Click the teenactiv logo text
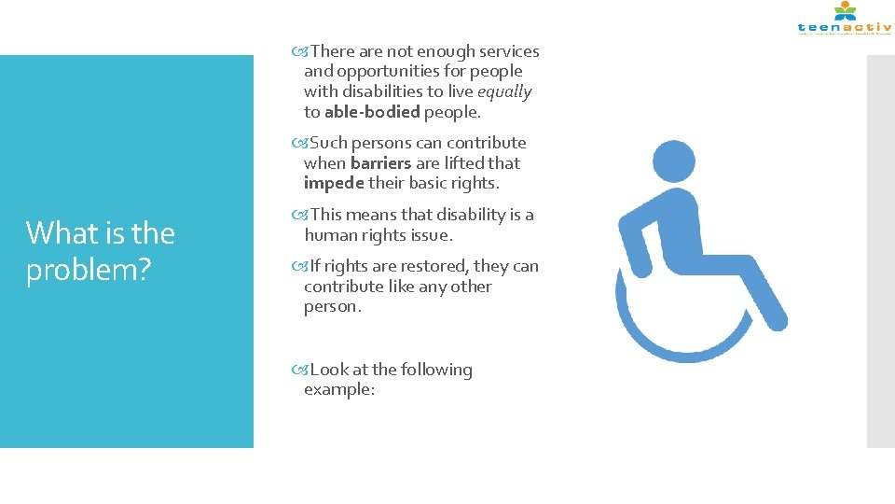click(844, 27)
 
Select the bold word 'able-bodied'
click(372, 112)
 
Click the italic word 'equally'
click(504, 91)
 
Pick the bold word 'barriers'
click(381, 163)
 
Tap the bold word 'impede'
click(334, 183)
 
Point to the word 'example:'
click(339, 390)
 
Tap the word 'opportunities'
click(387, 72)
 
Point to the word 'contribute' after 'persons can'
click(486, 144)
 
